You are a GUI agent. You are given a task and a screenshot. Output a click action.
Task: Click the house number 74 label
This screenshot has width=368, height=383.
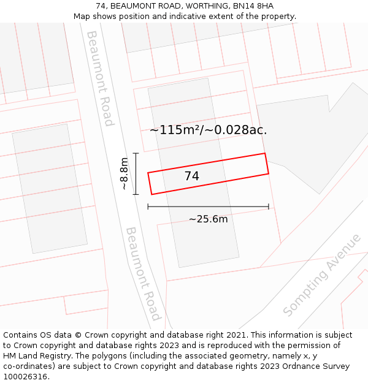(x=191, y=176)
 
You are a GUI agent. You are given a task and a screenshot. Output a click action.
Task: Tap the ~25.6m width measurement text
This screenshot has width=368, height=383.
(x=208, y=219)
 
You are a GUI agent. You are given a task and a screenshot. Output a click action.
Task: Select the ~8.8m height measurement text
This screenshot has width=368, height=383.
(x=124, y=173)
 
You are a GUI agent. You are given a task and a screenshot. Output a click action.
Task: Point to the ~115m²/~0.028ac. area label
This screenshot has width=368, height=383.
(x=209, y=130)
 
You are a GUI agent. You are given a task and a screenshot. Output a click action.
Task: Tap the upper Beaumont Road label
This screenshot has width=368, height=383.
(x=100, y=78)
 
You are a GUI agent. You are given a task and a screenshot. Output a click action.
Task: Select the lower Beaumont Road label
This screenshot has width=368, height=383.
(x=144, y=273)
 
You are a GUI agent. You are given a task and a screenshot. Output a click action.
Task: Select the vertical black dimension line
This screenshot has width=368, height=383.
(x=136, y=173)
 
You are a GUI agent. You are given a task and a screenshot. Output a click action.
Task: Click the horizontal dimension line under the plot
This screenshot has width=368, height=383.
(x=208, y=207)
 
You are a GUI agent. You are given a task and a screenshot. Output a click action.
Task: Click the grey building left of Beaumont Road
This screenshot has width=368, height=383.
(x=50, y=189)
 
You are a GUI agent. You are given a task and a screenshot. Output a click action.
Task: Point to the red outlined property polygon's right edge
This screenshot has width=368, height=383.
(x=267, y=164)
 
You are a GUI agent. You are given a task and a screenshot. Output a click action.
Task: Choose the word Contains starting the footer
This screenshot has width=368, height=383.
(x=20, y=335)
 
